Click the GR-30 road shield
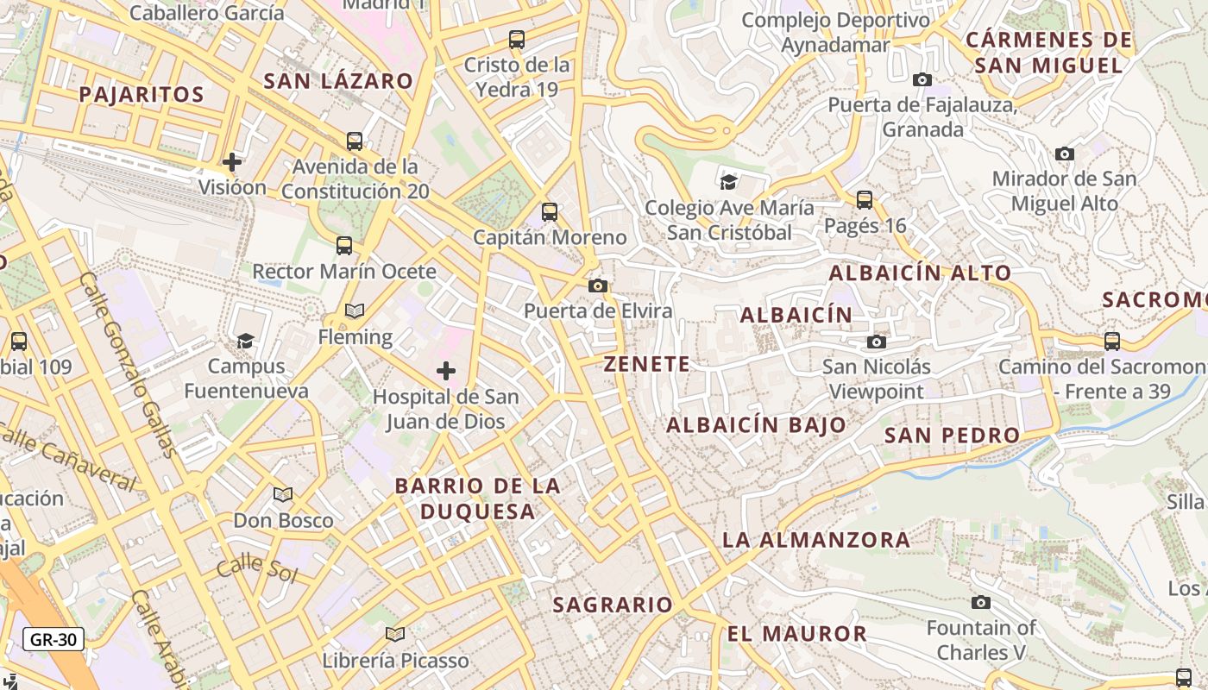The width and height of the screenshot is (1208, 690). (53, 639)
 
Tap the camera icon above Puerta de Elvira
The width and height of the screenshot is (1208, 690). (598, 285)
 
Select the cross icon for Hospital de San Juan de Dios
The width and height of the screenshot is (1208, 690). (446, 371)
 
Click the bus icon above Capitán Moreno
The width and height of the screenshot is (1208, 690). (550, 211)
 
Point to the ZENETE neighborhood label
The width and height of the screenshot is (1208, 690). (647, 364)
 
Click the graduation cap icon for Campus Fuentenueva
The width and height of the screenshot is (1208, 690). (246, 341)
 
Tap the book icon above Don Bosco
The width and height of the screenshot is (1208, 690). (283, 494)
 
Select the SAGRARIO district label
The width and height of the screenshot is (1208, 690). (613, 605)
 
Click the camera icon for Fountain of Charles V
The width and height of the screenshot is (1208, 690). (981, 602)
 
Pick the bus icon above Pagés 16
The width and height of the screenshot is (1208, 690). (865, 200)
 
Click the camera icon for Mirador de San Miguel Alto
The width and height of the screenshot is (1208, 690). (1065, 154)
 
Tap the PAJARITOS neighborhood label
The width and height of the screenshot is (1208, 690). (142, 94)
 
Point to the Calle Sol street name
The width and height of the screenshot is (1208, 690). (256, 569)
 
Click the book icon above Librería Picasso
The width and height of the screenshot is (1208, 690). (395, 635)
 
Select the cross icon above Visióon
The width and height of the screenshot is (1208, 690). (232, 161)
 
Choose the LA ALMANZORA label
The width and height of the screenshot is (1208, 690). (816, 540)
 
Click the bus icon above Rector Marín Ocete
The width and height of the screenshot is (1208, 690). (344, 246)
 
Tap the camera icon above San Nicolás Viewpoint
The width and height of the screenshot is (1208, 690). (877, 342)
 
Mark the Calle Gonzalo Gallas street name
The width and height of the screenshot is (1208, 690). (128, 362)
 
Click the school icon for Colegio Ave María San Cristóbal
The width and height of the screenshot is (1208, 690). (729, 181)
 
